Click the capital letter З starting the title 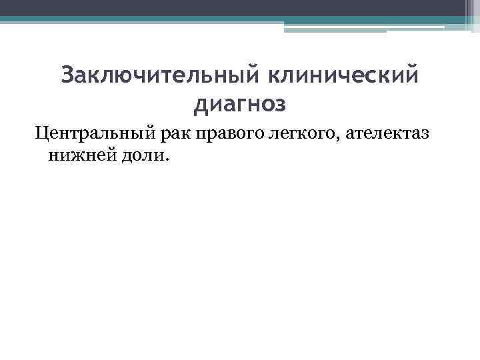(67, 75)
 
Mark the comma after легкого (341, 139)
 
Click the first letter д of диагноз (199, 105)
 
